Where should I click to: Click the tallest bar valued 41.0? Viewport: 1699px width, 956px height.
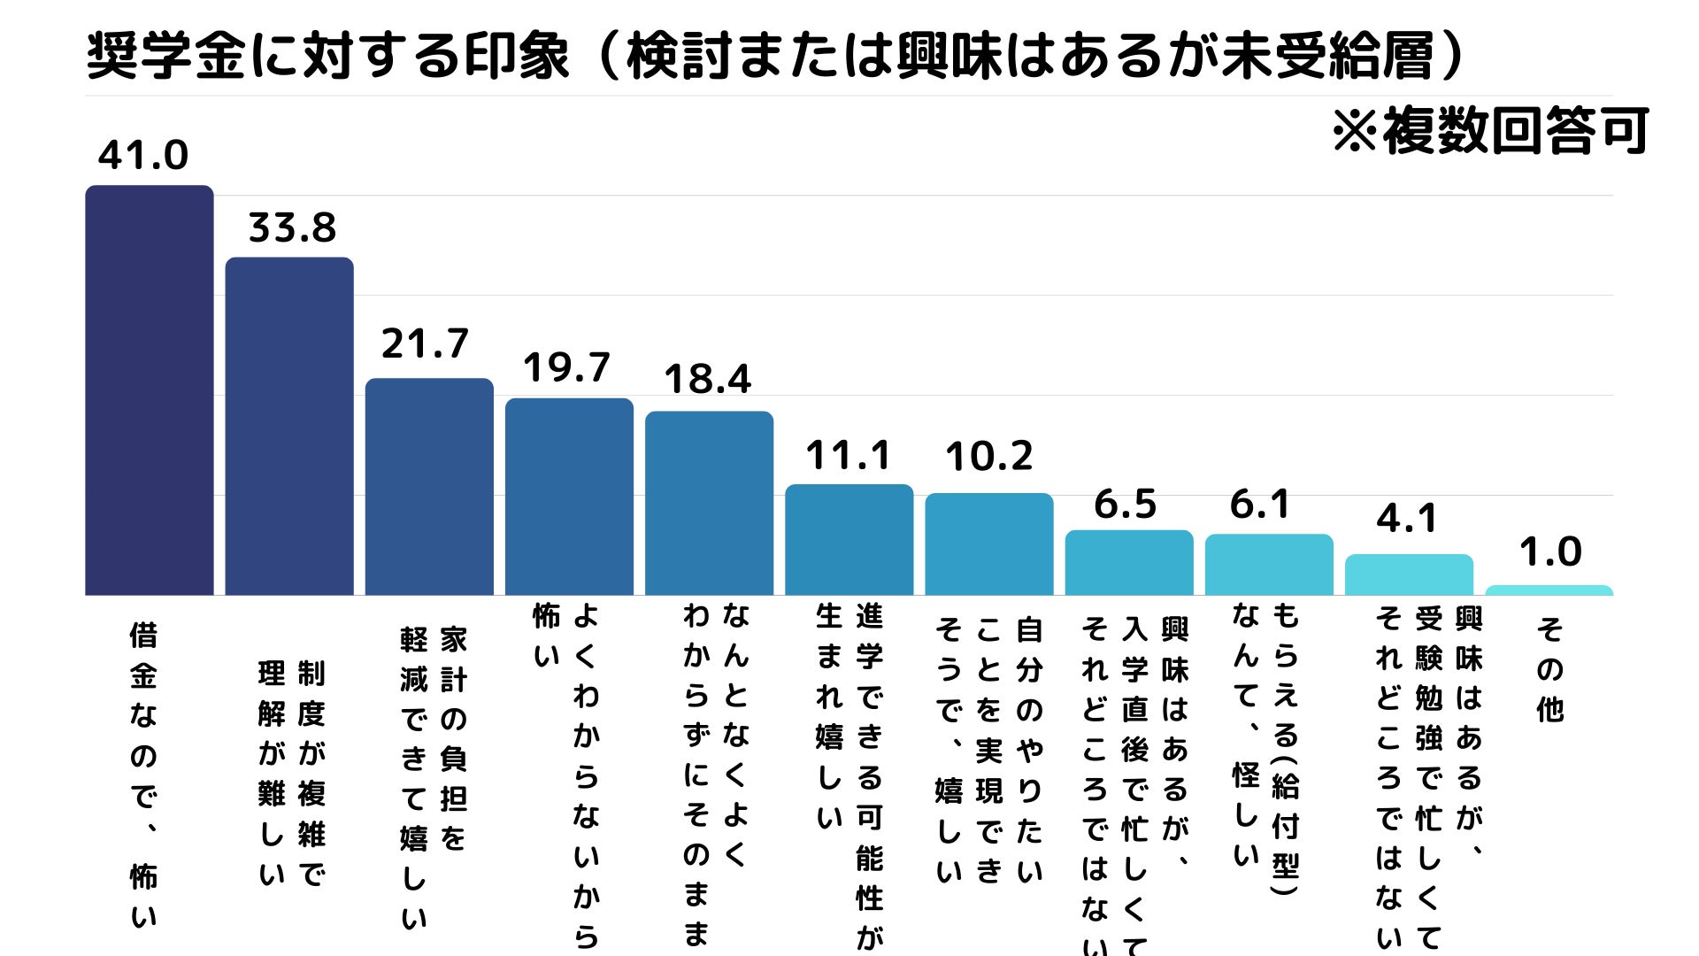[149, 389]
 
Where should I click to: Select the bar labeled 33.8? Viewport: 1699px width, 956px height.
[289, 426]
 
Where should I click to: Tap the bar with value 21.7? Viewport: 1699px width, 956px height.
[429, 486]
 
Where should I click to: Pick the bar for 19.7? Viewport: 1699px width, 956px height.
[569, 496]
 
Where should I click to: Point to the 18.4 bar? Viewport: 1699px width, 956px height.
[709, 503]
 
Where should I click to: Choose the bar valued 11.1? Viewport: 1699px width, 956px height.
[849, 539]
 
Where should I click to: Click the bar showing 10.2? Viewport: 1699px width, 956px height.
[988, 544]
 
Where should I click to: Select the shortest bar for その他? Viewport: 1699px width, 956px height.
[1549, 590]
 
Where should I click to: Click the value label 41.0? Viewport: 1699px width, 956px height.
[143, 156]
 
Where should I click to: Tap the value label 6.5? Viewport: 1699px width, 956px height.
[1125, 505]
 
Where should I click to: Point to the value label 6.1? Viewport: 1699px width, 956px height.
[1260, 505]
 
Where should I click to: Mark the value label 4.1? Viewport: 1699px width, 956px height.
[1407, 519]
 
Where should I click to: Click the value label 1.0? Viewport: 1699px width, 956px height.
[1550, 552]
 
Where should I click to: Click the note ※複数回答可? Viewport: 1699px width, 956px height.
[1490, 131]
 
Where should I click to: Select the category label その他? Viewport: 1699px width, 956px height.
[1549, 669]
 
